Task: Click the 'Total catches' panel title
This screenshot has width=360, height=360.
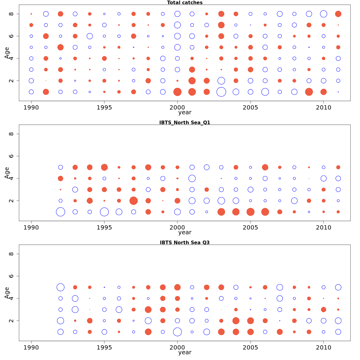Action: click(185, 3)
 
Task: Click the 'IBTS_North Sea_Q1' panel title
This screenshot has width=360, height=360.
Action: click(185, 122)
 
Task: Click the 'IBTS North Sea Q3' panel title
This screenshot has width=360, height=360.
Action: click(185, 242)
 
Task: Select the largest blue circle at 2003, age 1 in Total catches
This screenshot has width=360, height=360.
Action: click(221, 92)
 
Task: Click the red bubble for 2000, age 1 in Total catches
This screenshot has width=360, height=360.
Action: click(177, 92)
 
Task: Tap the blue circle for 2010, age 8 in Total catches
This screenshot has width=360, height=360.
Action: click(323, 14)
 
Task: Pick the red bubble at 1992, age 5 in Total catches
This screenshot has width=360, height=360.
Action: click(60, 47)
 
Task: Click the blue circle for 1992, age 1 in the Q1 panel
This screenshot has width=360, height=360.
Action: click(60, 212)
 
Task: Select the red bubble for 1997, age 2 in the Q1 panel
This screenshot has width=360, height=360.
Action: click(133, 201)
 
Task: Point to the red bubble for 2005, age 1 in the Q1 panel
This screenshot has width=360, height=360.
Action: click(250, 212)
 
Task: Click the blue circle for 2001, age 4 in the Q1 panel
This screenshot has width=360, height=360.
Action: click(192, 178)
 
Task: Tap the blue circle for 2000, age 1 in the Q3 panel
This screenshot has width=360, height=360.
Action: click(177, 332)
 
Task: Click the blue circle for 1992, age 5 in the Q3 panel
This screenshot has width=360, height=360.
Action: click(60, 287)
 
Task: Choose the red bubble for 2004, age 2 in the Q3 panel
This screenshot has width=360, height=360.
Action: click(236, 321)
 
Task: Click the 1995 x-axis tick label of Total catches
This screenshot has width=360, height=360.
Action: click(104, 107)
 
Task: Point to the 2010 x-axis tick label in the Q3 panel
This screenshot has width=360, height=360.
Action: click(323, 347)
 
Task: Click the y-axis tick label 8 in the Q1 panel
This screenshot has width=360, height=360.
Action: click(11, 134)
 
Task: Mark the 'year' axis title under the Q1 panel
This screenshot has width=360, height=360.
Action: click(185, 232)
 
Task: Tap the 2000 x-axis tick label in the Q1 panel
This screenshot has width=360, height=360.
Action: click(177, 227)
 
